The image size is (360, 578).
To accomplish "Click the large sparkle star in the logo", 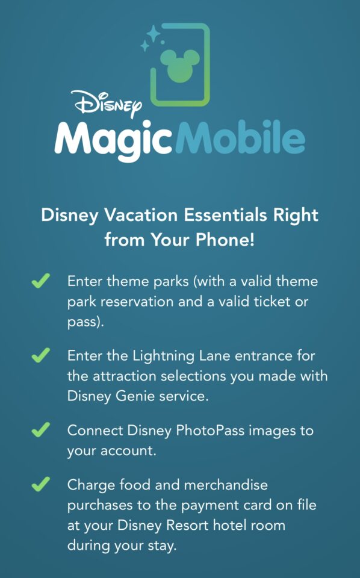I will (153, 33).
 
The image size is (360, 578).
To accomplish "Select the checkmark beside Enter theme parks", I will (40, 281).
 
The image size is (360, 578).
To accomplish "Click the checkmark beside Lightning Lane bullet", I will (40, 356).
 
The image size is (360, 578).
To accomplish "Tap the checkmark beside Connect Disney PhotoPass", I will (40, 430).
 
